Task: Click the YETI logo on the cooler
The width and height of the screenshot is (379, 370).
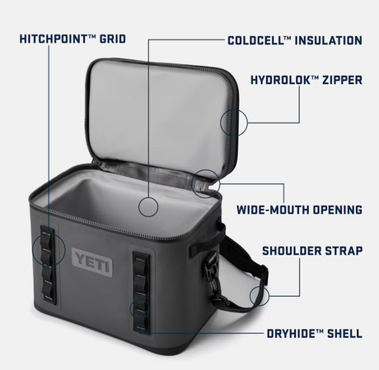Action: click(92, 262)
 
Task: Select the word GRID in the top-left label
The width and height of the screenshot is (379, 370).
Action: click(113, 39)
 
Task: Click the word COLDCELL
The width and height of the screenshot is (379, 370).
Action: click(255, 40)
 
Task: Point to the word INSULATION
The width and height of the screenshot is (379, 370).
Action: click(329, 40)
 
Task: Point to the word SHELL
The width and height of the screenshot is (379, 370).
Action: click(344, 334)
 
